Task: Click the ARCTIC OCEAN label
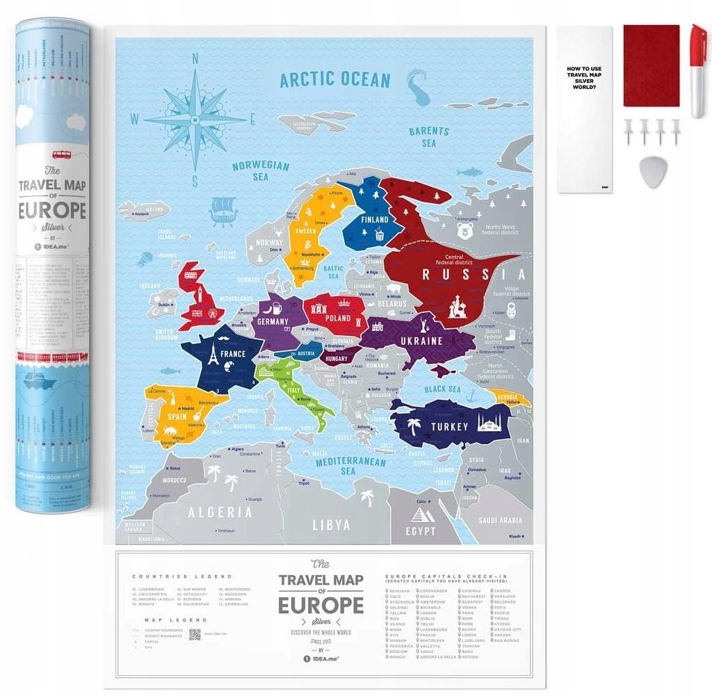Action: pyautogui.click(x=334, y=79)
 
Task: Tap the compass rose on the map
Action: pyautogui.click(x=195, y=119)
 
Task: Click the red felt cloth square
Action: pyautogui.click(x=651, y=66)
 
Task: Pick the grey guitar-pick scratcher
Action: pyautogui.click(x=652, y=172)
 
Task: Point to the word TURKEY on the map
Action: pyautogui.click(x=450, y=426)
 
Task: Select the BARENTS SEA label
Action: pyautogui.click(x=428, y=136)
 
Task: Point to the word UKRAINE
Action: pyautogui.click(x=421, y=341)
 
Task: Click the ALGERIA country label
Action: pyautogui.click(x=219, y=512)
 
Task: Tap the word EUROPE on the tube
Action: pyautogui.click(x=52, y=210)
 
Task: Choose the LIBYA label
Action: pyautogui.click(x=331, y=525)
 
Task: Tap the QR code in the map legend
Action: pyautogui.click(x=194, y=634)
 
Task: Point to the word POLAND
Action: pyautogui.click(x=338, y=318)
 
